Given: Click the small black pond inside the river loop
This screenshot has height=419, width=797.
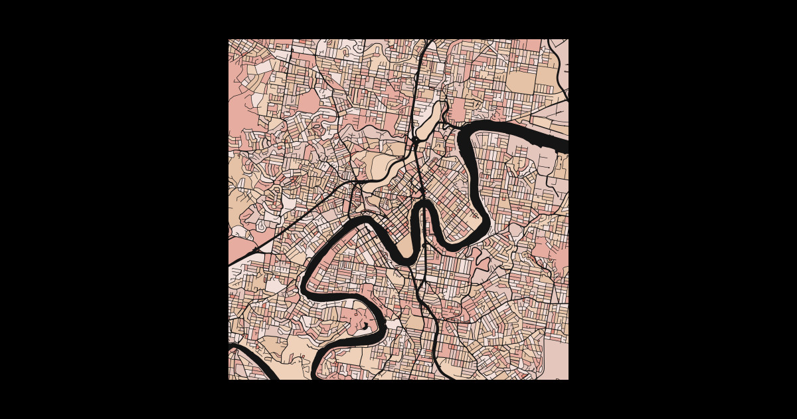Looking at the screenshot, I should [x=365, y=326].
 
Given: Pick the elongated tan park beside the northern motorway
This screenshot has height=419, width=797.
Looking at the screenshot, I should [x=430, y=120].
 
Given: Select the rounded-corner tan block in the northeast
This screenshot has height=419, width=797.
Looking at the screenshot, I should [x=521, y=81].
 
